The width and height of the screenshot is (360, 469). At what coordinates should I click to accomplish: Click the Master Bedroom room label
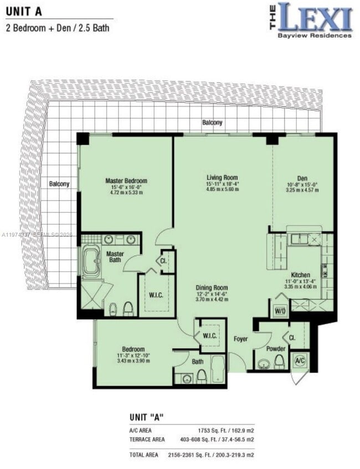(x=126, y=181)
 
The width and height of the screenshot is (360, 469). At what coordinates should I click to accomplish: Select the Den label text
(x=302, y=178)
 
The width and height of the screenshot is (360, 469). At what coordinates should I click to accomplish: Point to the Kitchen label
(x=300, y=275)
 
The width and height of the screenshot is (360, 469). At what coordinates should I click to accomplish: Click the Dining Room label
(x=212, y=287)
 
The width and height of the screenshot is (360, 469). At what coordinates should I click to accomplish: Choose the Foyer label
(x=240, y=339)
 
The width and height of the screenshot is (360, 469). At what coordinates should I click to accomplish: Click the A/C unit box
(x=300, y=360)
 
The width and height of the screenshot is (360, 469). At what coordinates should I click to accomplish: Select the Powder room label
(x=275, y=349)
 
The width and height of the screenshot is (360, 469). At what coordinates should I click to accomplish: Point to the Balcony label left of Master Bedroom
(x=59, y=184)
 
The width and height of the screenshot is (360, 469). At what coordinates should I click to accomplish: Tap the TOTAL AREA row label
(x=142, y=455)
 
